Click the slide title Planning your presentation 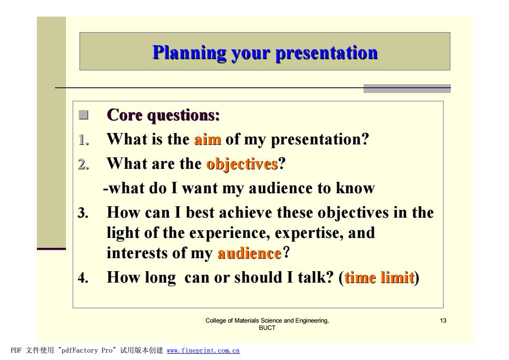pyautogui.click(x=265, y=52)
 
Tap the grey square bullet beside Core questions pyautogui.click(x=84, y=115)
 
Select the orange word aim pyautogui.click(x=208, y=140)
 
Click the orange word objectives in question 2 pyautogui.click(x=242, y=164)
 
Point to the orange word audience pyautogui.click(x=249, y=253)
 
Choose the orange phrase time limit pyautogui.click(x=379, y=277)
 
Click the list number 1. pyautogui.click(x=84, y=140)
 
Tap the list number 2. pyautogui.click(x=84, y=164)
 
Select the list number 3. pyautogui.click(x=83, y=213)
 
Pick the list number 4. pyautogui.click(x=83, y=277)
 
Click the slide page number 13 pyautogui.click(x=443, y=321)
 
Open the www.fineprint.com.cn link pyautogui.click(x=203, y=351)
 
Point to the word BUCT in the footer pyautogui.click(x=267, y=328)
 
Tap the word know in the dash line pyautogui.click(x=355, y=188)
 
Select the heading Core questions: pyautogui.click(x=163, y=115)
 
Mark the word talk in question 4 pyautogui.click(x=316, y=277)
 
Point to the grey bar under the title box pyautogui.click(x=407, y=89)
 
